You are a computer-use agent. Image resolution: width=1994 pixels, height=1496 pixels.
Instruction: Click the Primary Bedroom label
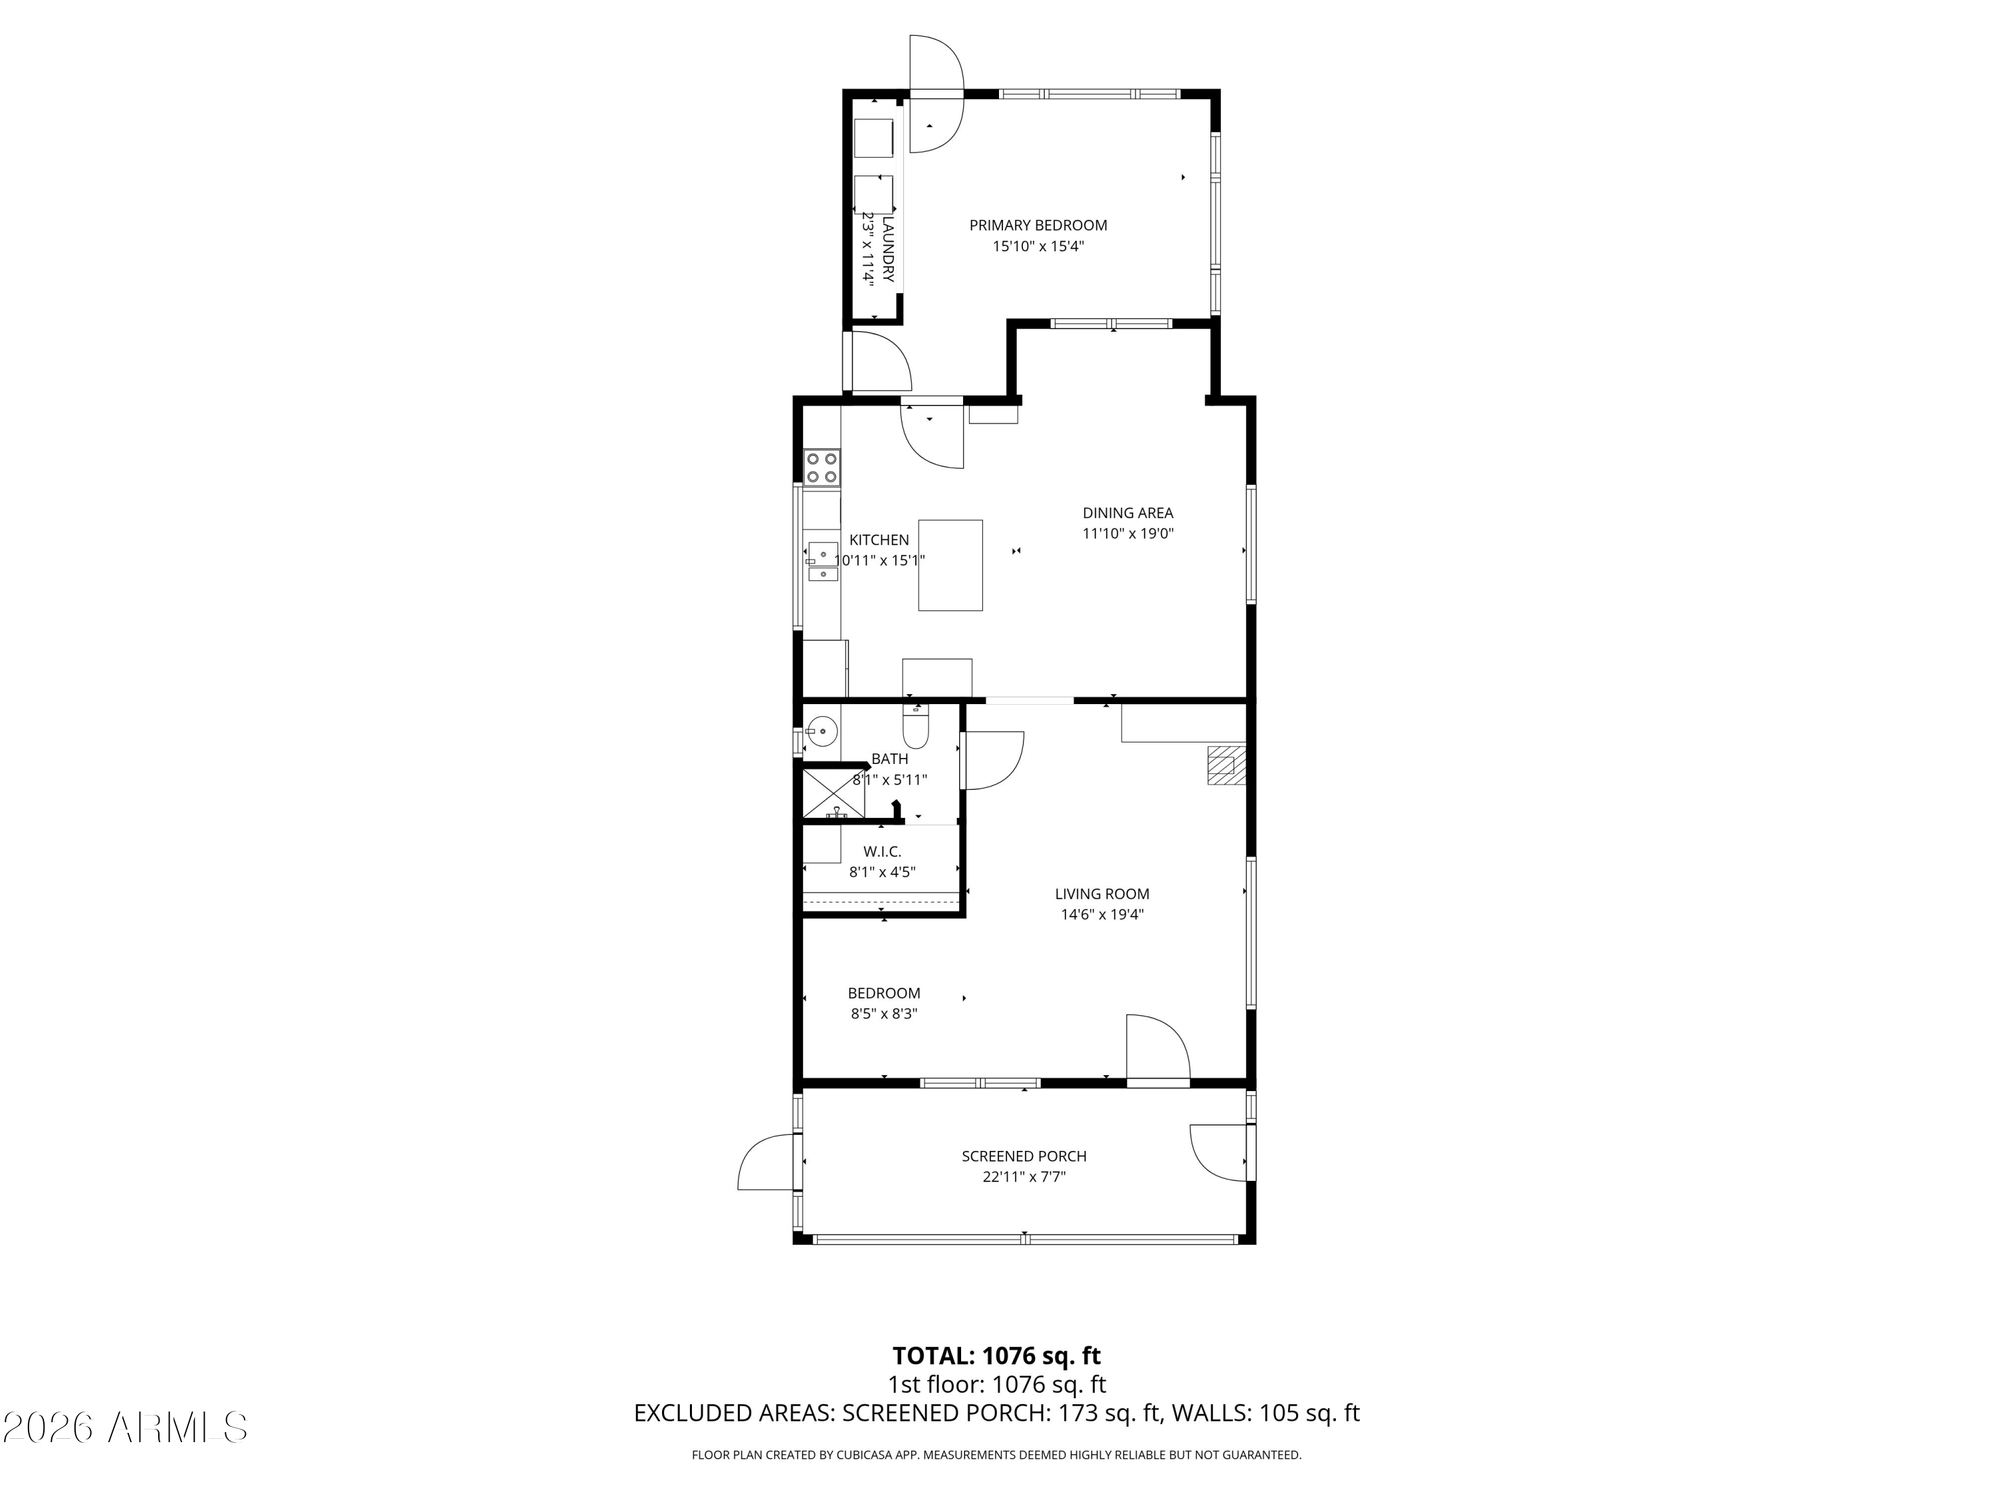tap(1038, 225)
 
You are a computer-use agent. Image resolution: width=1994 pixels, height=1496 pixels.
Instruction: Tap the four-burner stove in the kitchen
tap(822, 467)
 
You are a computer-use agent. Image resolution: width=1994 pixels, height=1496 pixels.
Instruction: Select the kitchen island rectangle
tap(950, 565)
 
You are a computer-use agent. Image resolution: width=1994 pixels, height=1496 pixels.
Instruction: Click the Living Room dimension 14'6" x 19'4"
tap(1101, 914)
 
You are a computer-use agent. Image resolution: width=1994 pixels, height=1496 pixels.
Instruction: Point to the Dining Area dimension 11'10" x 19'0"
tap(1128, 533)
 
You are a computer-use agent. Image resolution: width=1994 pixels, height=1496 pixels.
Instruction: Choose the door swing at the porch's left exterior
tap(766, 1164)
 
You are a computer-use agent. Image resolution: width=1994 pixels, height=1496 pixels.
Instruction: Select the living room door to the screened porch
tap(1157, 1049)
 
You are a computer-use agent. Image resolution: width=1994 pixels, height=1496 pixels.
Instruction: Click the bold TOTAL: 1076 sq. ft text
tap(996, 1356)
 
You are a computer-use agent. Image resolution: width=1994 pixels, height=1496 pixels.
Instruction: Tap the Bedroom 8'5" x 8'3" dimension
tap(883, 1013)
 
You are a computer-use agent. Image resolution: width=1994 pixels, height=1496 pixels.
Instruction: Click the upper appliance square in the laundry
tap(873, 138)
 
